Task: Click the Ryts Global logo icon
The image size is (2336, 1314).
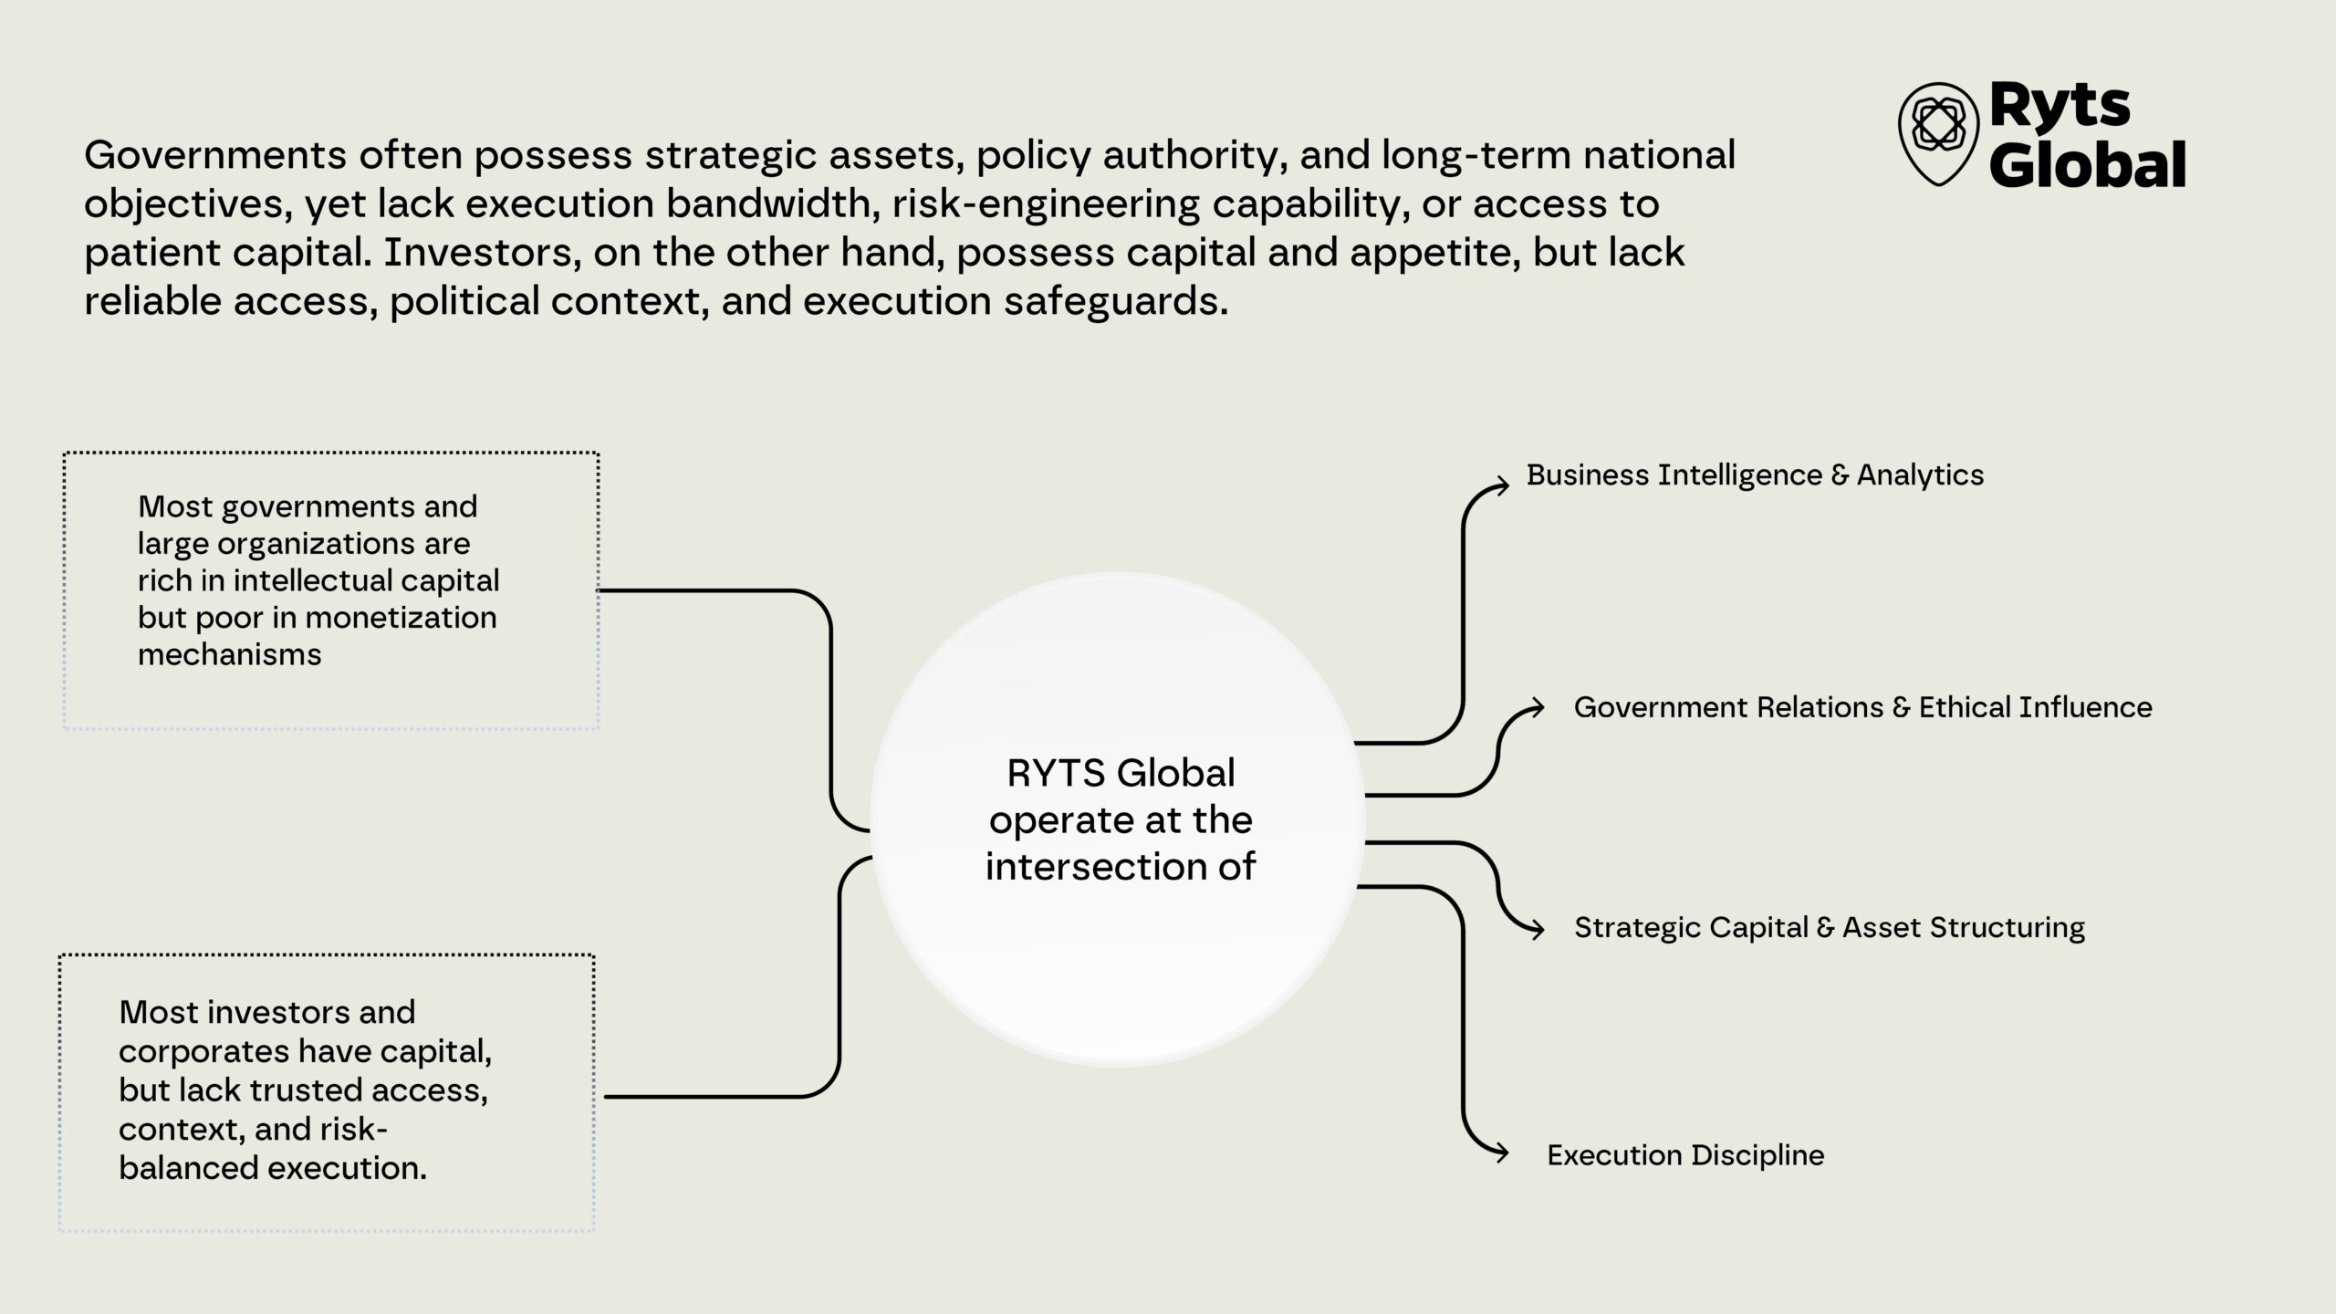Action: pos(1938,133)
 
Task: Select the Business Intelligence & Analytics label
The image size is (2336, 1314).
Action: pos(1755,474)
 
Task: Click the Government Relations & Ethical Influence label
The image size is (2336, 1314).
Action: pos(1862,707)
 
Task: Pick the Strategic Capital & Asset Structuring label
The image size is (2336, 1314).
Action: pos(1830,927)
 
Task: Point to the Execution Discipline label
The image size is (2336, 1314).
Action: pos(1685,1155)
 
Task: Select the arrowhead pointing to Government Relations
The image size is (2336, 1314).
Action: pos(1537,707)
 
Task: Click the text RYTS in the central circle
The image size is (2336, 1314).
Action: pos(1056,774)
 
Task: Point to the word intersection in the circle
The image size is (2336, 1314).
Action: pos(1094,866)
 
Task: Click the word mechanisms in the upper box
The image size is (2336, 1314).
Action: pos(230,655)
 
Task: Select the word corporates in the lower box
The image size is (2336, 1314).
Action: pos(196,1051)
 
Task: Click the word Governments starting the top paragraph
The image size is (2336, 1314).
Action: pos(215,155)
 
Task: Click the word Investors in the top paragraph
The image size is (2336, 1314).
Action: pos(482,252)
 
